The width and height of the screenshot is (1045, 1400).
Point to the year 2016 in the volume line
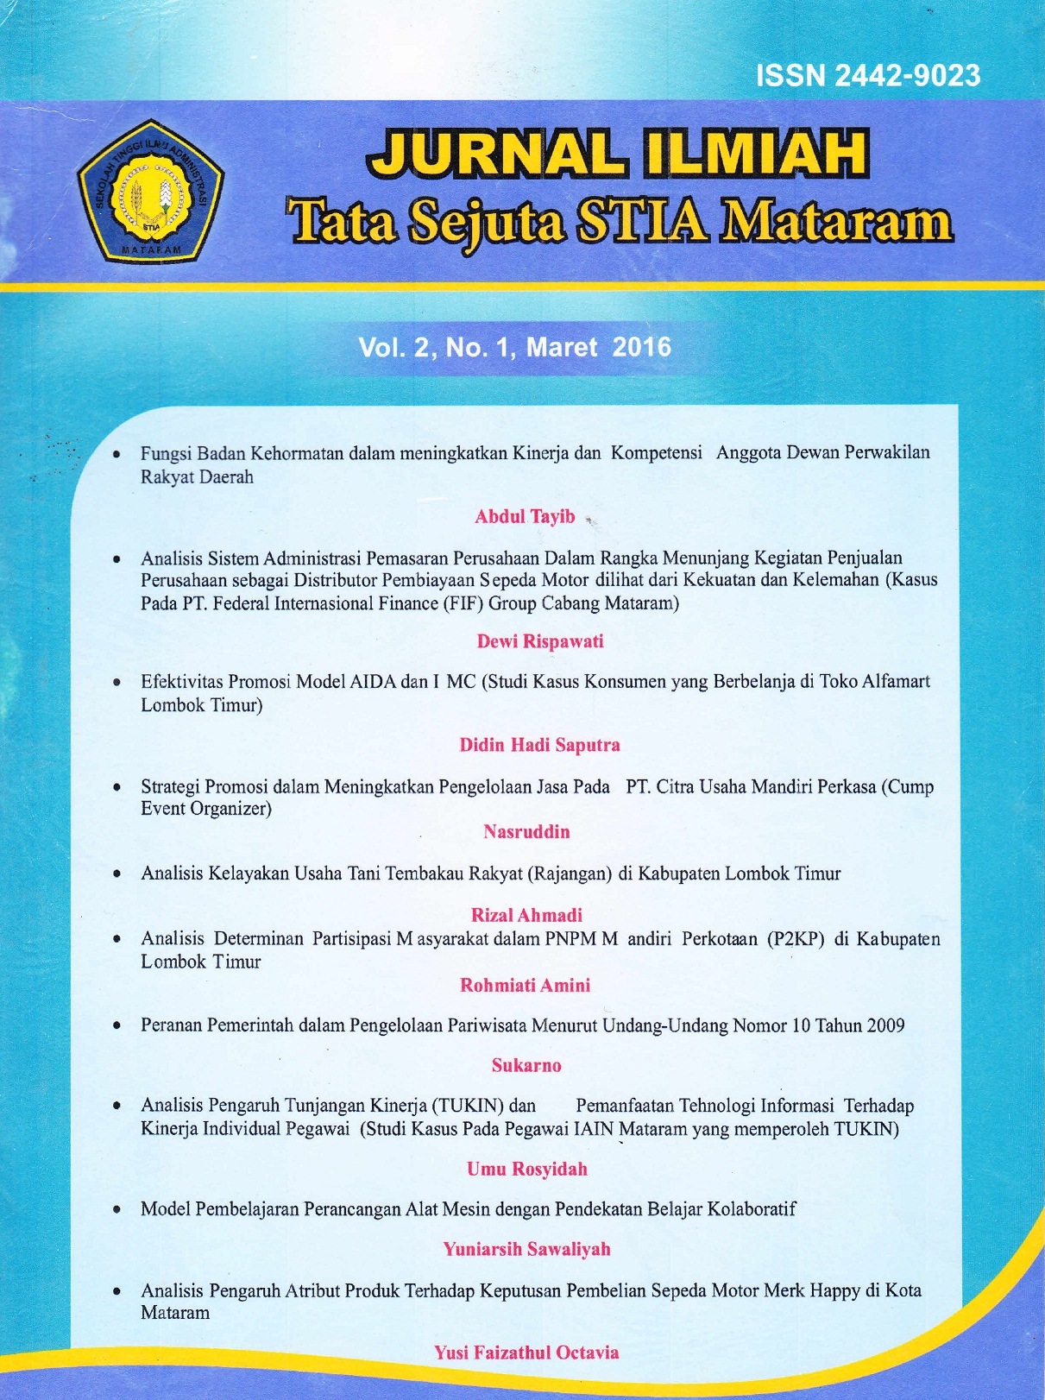click(641, 347)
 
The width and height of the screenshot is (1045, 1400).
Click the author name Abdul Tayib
click(525, 516)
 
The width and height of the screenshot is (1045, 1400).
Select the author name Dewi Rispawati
click(540, 641)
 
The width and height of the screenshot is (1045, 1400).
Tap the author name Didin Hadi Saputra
click(539, 745)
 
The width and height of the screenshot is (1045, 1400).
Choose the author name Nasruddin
click(526, 832)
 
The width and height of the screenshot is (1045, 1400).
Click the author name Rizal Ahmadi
click(526, 915)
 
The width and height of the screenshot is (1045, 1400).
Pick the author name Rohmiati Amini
click(525, 985)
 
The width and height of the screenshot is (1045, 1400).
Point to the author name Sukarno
click(526, 1065)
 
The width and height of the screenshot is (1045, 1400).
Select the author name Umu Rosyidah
click(526, 1169)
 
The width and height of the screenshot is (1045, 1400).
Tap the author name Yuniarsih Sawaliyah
click(526, 1249)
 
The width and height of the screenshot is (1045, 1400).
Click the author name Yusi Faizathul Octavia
click(526, 1353)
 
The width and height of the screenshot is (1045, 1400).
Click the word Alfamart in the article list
click(895, 682)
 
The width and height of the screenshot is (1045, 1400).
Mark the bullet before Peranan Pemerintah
click(116, 1026)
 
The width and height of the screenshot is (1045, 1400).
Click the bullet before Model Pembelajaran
click(116, 1209)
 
